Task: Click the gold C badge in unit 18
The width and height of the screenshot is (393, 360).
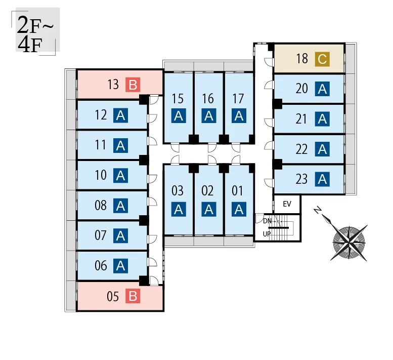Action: click(x=322, y=59)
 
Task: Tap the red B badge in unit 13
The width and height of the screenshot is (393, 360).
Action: click(x=133, y=85)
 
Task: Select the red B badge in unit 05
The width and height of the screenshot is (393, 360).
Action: click(x=133, y=296)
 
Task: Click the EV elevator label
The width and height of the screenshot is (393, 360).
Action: click(x=287, y=204)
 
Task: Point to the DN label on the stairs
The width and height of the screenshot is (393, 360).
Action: click(x=267, y=221)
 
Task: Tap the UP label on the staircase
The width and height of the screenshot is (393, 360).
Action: click(x=267, y=234)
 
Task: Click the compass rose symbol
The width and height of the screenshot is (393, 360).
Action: click(x=348, y=243)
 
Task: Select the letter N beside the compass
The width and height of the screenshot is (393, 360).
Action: click(x=318, y=210)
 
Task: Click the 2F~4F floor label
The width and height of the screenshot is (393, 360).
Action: click(x=35, y=33)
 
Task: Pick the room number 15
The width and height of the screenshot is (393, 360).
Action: click(x=178, y=99)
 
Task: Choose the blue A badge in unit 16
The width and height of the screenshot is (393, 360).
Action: click(x=209, y=115)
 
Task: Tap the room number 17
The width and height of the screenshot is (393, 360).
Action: click(x=238, y=99)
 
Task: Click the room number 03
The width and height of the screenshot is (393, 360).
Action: click(x=178, y=191)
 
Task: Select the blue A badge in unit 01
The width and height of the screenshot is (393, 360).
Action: click(x=239, y=209)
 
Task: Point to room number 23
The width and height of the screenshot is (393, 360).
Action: click(x=301, y=179)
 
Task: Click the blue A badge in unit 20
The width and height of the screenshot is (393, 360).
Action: click(x=322, y=89)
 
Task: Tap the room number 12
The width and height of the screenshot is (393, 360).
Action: click(x=101, y=115)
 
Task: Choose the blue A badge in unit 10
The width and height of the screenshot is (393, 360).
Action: click(x=120, y=176)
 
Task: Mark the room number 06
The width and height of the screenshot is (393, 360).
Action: click(x=101, y=265)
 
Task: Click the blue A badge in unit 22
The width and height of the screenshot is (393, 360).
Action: click(x=322, y=149)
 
